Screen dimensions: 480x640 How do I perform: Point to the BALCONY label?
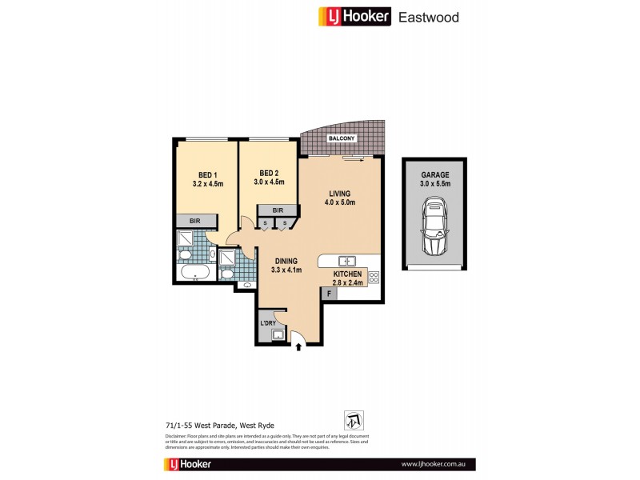coord(342,139)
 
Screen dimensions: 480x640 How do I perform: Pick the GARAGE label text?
coord(435,174)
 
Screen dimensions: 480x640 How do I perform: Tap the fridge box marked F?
coord(329,294)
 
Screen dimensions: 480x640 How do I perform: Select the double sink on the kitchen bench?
coord(347,261)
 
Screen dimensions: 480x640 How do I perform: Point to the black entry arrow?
coord(300,347)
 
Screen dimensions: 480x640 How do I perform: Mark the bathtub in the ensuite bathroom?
coord(195,274)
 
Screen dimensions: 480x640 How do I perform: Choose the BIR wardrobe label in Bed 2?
coord(278,210)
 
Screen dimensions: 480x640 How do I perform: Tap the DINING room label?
coord(287,261)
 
